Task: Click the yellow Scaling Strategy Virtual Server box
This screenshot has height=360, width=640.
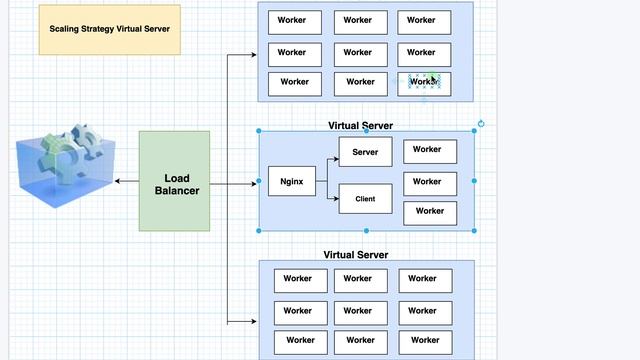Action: [x=110, y=29]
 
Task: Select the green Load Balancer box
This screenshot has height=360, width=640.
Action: [x=175, y=181]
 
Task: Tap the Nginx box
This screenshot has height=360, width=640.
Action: [x=292, y=182]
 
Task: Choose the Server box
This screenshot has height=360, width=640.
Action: [x=365, y=152]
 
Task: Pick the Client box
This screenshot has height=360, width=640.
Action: [x=365, y=199]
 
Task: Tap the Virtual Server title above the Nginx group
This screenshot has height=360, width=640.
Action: [x=360, y=126]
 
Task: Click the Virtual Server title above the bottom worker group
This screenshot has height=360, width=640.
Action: [x=356, y=255]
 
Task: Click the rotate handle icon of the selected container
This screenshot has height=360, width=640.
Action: [x=481, y=124]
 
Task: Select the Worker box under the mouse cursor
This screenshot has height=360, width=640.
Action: [x=423, y=83]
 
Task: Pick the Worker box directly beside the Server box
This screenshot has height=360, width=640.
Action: [x=430, y=151]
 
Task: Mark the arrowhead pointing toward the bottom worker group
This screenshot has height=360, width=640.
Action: [x=253, y=322]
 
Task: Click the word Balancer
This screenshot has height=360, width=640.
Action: [x=175, y=191]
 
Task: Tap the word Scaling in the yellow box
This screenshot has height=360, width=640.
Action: [x=66, y=29]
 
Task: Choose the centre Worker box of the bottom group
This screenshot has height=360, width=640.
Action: [x=359, y=312]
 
